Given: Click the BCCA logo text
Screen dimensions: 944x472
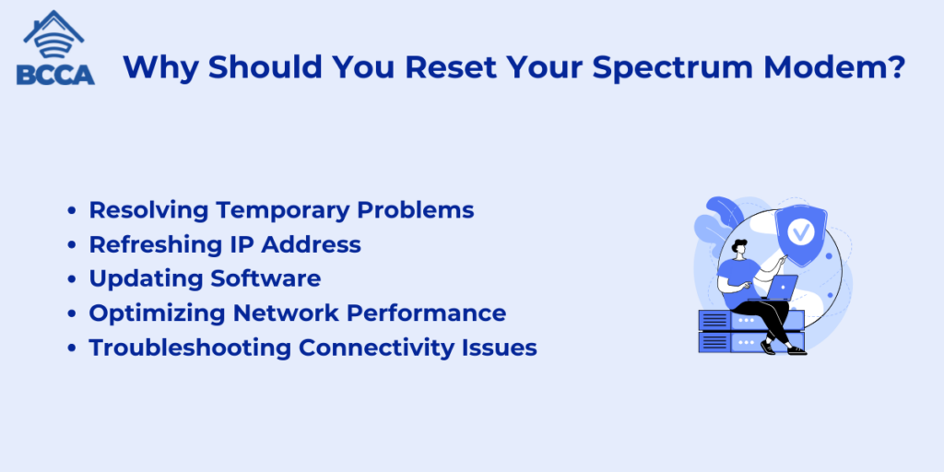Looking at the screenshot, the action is point(55,74).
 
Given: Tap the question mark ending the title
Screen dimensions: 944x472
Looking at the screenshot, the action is point(898,66).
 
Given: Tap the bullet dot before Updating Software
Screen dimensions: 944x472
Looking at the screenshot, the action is point(72,280).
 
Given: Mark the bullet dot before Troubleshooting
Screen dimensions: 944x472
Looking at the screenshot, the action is point(72,348).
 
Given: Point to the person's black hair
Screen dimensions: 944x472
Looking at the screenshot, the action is point(739,245).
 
